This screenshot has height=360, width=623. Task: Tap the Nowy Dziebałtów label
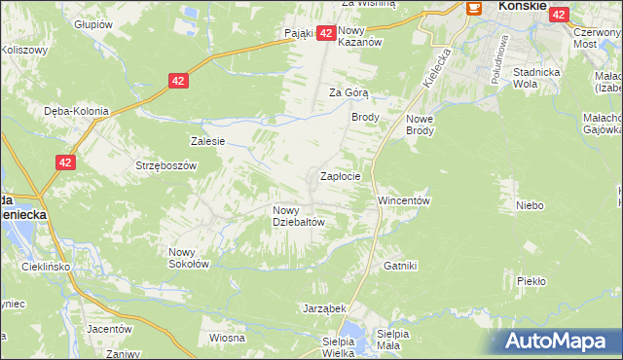(298, 215)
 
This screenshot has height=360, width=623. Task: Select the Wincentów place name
(403, 200)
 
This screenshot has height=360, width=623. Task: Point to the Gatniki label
(400, 265)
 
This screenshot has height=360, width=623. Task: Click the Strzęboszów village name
(165, 165)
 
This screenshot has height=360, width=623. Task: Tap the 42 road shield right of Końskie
(559, 14)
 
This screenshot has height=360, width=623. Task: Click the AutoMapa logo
(558, 341)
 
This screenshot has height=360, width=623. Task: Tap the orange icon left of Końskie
(474, 7)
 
